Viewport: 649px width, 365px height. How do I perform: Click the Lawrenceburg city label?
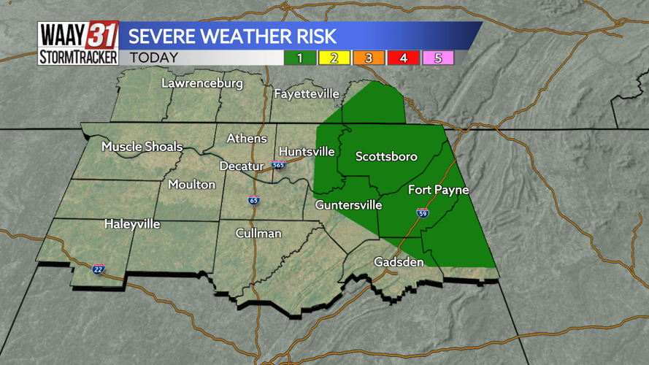pos(202,84)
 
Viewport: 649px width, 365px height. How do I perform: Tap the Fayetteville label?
pos(307,93)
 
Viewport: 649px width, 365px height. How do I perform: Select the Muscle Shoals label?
pos(142,147)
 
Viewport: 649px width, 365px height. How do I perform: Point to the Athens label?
pos(247,138)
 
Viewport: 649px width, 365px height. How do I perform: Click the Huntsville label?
pos(307,152)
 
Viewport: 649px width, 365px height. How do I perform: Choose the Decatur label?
pos(242,166)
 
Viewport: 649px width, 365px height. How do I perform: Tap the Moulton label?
pos(192,185)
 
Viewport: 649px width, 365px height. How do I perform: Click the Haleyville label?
pos(132,224)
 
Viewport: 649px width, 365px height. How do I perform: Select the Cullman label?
pos(258,234)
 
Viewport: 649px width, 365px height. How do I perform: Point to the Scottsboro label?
pos(386,156)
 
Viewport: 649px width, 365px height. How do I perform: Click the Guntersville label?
pos(348,206)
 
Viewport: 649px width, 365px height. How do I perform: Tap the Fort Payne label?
pos(438,190)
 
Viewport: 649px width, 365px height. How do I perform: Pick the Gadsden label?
pos(399,261)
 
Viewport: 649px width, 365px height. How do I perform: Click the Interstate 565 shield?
pos(278,165)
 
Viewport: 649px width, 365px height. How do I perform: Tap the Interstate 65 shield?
pos(253,200)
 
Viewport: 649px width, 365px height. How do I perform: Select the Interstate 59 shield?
pos(423,213)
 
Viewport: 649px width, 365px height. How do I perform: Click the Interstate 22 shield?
pos(99,269)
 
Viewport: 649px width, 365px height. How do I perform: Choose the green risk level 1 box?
pos(299,58)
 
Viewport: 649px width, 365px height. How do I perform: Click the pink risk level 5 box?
pos(438,58)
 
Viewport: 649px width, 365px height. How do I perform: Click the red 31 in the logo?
pos(102,34)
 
